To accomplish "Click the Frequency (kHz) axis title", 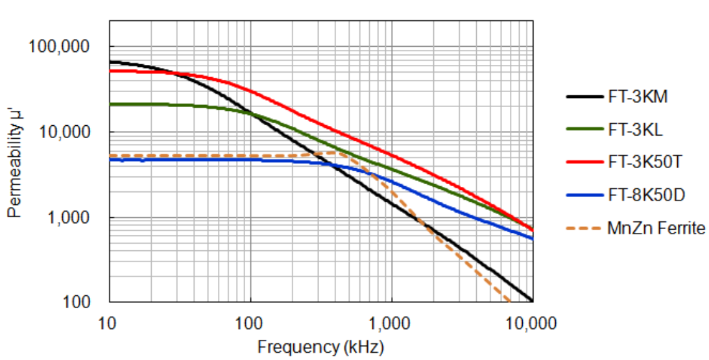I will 320,347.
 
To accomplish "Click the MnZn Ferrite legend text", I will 655,228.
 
